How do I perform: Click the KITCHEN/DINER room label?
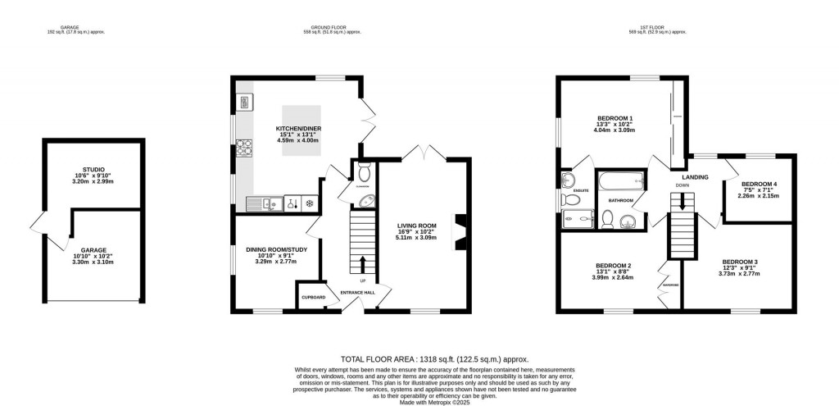point(298,130)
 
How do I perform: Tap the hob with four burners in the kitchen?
point(244,149)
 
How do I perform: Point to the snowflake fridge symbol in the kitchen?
point(310,203)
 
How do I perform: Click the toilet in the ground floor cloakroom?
point(364,172)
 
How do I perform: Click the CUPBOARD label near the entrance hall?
point(313,297)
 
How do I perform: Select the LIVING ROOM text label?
point(417,226)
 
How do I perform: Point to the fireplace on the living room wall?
point(460,230)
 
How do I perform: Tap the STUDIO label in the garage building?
point(105,169)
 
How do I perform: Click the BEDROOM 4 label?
point(758,184)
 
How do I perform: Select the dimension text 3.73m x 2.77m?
point(739,273)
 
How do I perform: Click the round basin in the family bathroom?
point(627,220)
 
